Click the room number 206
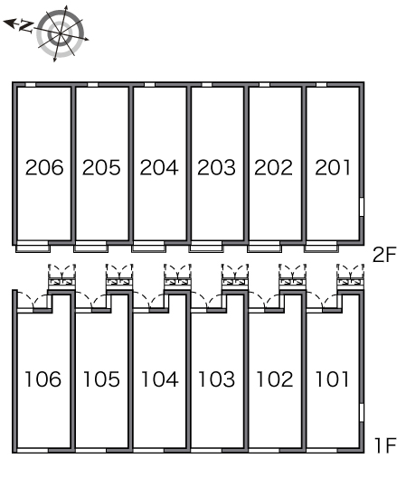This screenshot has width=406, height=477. [44, 167]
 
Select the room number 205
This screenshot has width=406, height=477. [101, 167]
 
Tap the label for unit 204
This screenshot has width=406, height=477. [159, 167]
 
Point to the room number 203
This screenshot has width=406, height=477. [216, 167]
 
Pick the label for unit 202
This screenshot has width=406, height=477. [273, 167]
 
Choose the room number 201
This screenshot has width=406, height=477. [333, 167]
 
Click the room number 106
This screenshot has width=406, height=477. [42, 379]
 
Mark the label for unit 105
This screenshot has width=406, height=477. [101, 379]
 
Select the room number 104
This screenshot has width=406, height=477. [160, 379]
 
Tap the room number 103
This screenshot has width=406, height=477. [216, 379]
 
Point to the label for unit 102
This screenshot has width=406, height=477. [274, 379]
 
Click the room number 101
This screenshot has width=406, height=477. [332, 379]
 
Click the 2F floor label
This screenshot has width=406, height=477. [384, 255]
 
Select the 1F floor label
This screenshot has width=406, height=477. [385, 445]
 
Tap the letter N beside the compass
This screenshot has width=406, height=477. [25, 26]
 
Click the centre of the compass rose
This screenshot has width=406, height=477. [61, 33]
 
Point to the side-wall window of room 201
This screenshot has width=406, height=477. [362, 207]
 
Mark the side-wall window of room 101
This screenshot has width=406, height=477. [362, 413]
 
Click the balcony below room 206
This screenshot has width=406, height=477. [33, 247]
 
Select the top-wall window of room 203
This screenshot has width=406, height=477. [207, 85]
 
